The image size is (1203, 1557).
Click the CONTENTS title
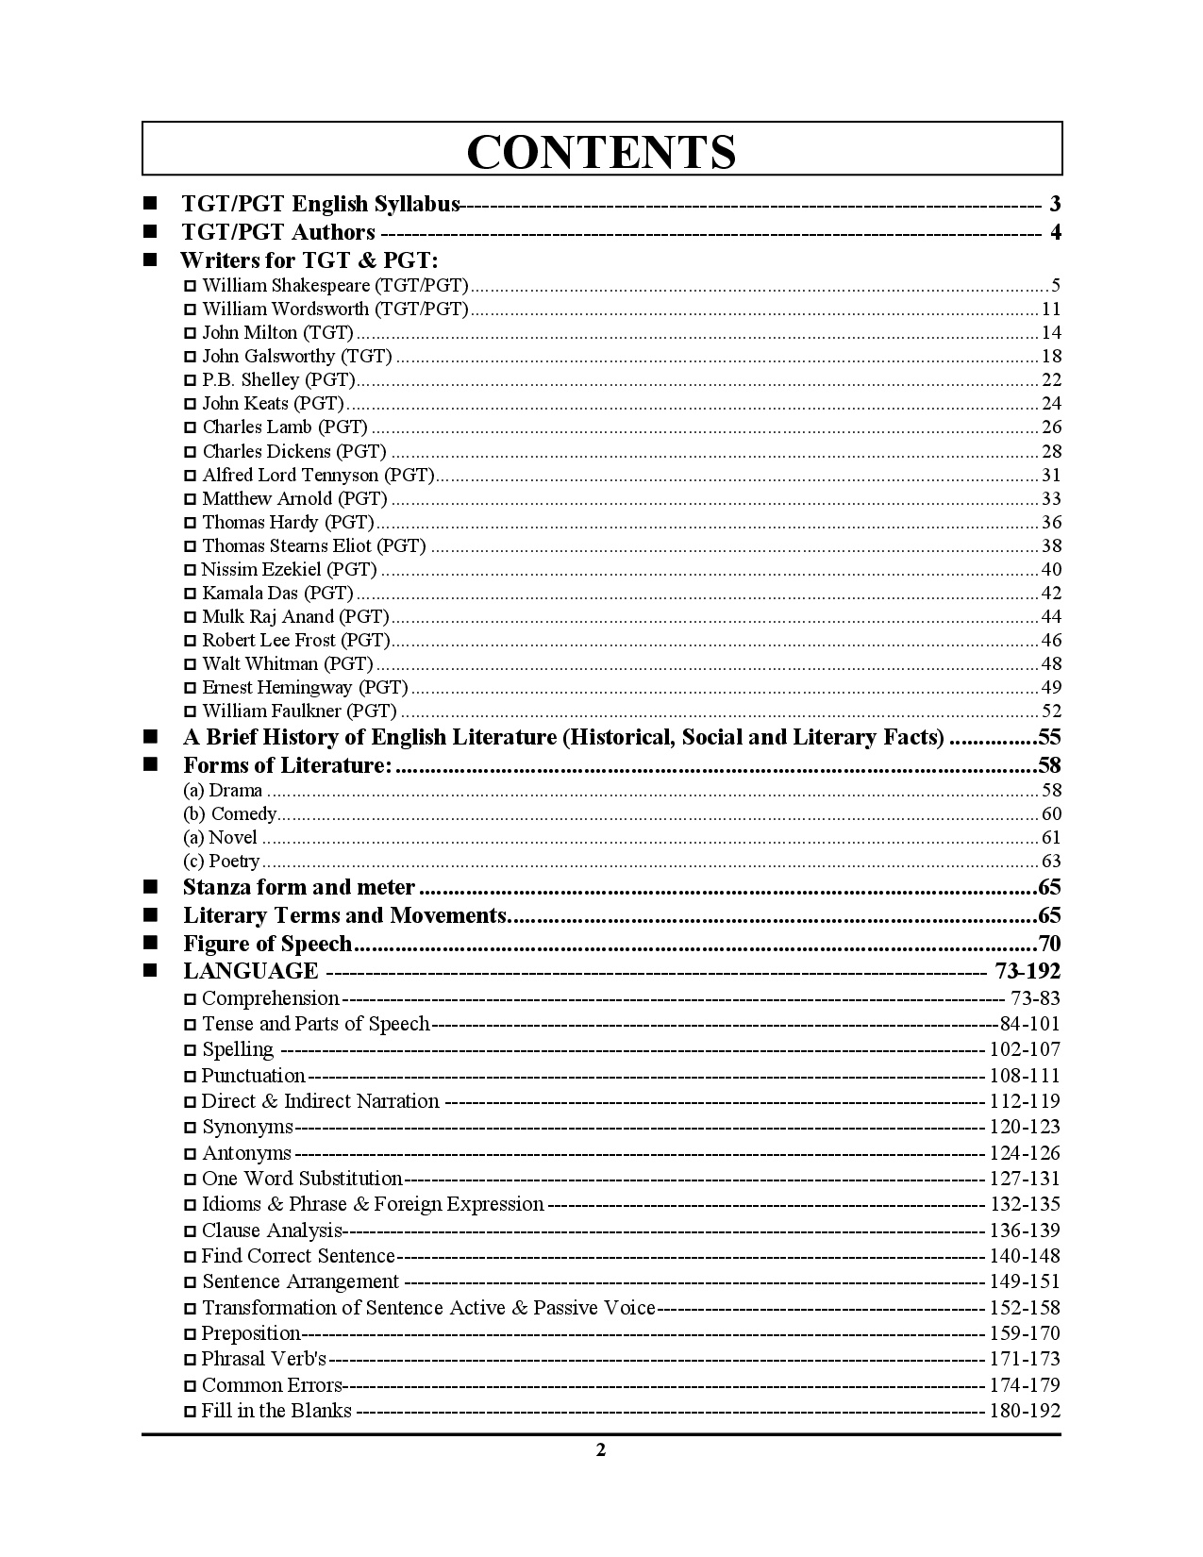tap(601, 151)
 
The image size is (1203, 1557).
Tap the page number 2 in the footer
tap(601, 1450)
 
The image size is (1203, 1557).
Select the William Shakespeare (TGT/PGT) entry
tap(335, 285)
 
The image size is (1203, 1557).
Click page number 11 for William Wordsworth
tap(1051, 309)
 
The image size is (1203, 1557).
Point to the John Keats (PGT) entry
tap(273, 403)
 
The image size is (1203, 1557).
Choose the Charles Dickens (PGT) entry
tap(294, 451)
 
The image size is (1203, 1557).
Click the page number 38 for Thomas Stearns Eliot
tap(1051, 545)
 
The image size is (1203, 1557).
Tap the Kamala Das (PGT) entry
tap(277, 593)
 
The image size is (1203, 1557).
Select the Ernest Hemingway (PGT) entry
tap(305, 687)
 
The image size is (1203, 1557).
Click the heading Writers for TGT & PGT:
tap(309, 259)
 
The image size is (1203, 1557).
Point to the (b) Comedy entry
tap(230, 813)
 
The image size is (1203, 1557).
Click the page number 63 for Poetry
tap(1051, 861)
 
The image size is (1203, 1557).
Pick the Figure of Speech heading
tap(267, 944)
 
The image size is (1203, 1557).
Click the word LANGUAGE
tap(251, 971)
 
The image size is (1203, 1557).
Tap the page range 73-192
tap(1028, 971)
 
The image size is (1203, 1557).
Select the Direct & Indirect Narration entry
tap(320, 1101)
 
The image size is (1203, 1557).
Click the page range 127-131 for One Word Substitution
tap(1025, 1179)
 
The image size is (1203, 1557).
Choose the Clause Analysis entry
tap(272, 1231)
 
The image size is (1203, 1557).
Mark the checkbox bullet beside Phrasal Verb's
tap(191, 1360)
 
